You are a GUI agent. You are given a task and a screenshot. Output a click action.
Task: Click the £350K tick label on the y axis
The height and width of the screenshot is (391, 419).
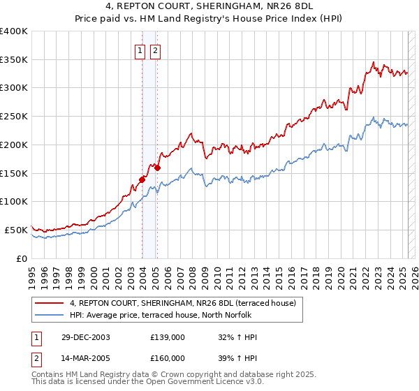14,59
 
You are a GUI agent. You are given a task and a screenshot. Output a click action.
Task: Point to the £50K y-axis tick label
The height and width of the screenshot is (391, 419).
16,230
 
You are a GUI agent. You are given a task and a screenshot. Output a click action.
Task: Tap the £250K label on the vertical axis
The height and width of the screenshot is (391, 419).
14,116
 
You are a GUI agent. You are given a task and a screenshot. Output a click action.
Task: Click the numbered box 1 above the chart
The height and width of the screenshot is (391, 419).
140,50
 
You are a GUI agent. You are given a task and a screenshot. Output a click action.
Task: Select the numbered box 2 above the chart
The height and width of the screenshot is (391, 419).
154,50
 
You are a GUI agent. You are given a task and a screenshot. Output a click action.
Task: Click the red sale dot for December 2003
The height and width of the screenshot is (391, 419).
142,179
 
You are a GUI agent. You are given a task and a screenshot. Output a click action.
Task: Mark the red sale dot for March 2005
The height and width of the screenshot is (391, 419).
157,168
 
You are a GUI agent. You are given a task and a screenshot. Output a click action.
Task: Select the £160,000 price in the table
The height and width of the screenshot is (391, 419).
168,357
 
